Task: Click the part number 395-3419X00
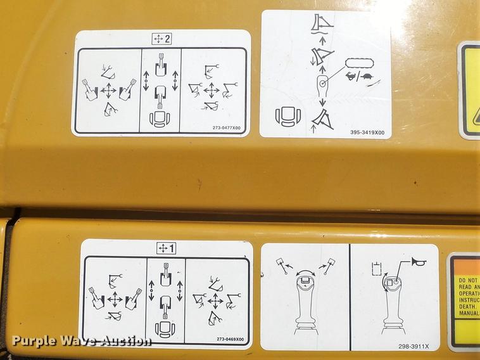[367, 132]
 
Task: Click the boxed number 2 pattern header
[162, 39]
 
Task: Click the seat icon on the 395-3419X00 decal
[286, 117]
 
